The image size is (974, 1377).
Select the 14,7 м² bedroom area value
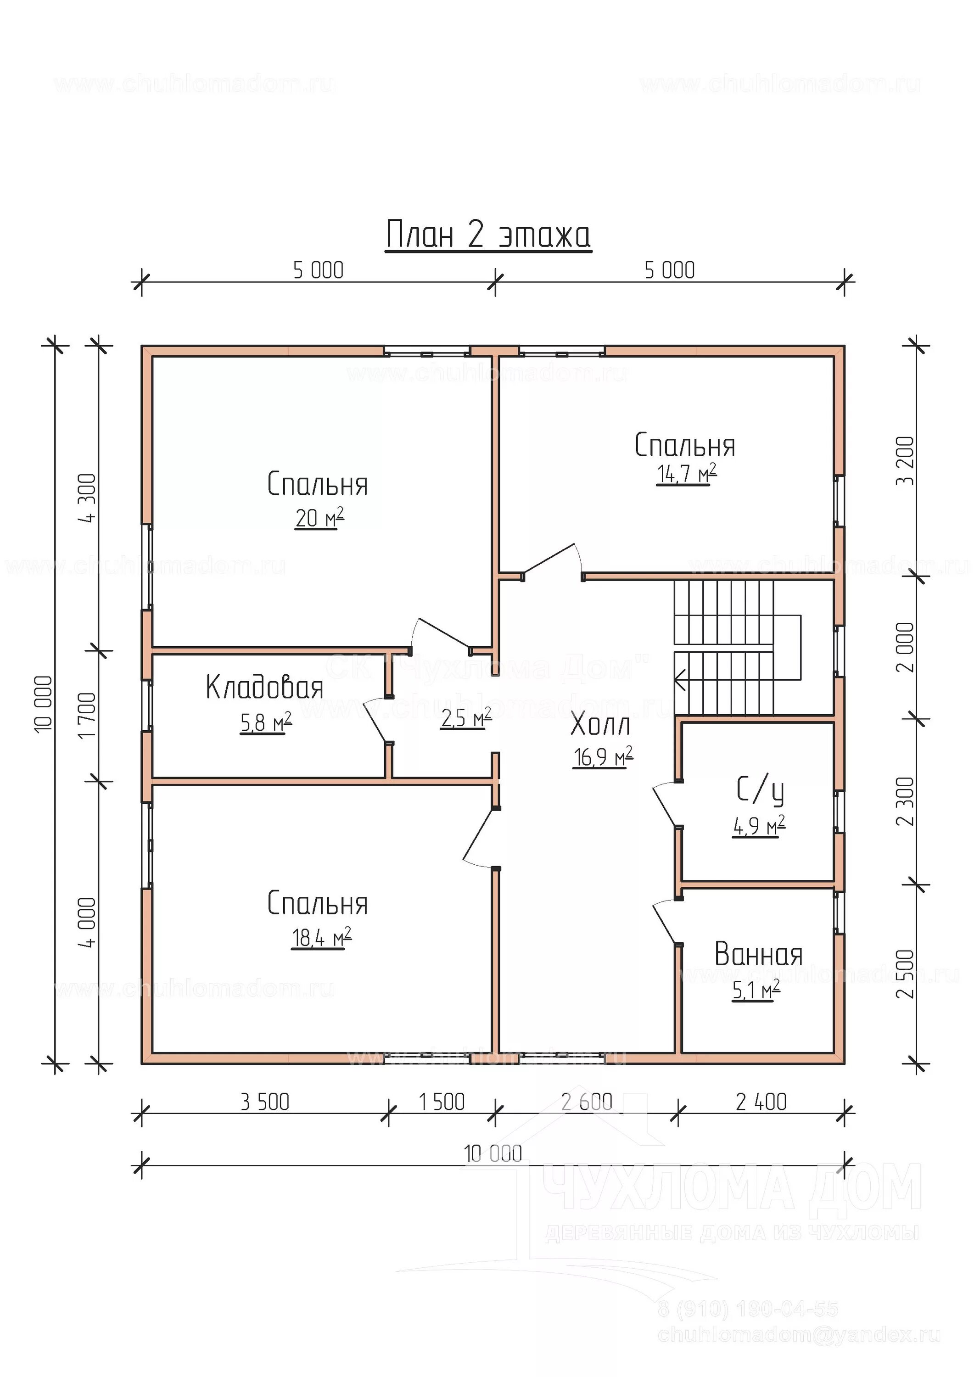686,473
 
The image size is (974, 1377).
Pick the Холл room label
600,725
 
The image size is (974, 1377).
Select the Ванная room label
758,955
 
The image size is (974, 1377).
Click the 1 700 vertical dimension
88,716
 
